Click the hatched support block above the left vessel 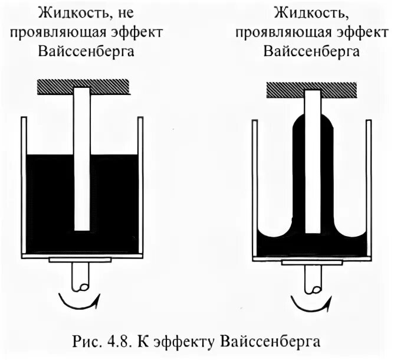click(82, 86)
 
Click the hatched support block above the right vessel click(312, 90)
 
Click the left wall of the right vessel click(255, 189)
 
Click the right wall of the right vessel click(370, 189)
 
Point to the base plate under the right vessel click(311, 261)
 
